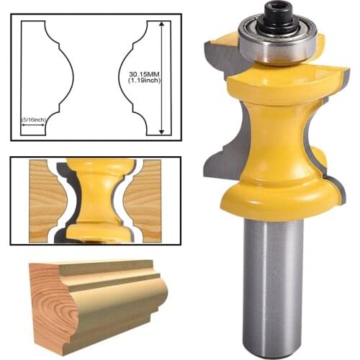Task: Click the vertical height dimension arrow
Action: coord(162,76)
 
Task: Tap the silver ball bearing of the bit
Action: coord(276,44)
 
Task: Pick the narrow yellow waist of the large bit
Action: coord(277,137)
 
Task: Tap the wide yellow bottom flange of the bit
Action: coord(277,194)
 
